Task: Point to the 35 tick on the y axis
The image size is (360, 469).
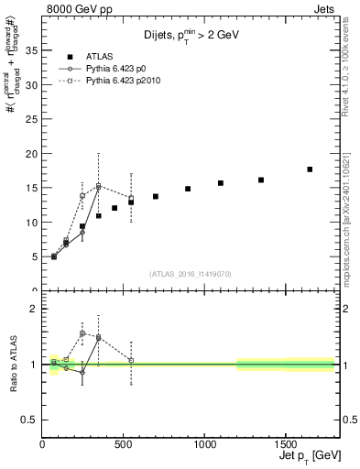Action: (x=34, y=50)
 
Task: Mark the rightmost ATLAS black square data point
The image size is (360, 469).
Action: (x=310, y=169)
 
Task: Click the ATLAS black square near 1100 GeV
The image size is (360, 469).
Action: (x=221, y=183)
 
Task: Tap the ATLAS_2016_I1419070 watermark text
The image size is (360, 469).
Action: (x=190, y=273)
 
